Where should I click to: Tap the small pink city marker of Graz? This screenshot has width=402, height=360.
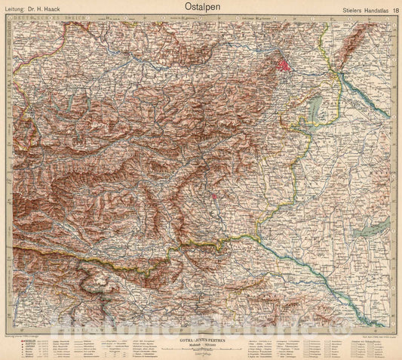point(215,198)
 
